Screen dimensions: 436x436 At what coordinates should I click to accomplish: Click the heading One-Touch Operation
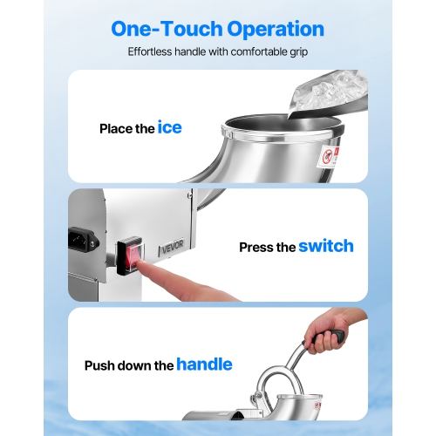[x=217, y=29]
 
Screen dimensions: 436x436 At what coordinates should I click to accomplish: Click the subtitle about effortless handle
[x=217, y=51]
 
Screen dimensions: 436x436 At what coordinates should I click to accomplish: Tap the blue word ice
[x=169, y=128]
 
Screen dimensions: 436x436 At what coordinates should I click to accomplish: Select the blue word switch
[x=325, y=246]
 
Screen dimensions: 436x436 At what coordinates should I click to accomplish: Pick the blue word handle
[x=204, y=364]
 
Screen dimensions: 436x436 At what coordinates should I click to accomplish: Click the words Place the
[x=127, y=129]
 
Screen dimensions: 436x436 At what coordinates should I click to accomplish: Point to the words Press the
[x=268, y=247]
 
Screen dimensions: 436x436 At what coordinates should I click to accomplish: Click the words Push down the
[x=129, y=365]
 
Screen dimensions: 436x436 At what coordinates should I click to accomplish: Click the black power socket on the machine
[x=84, y=238]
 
